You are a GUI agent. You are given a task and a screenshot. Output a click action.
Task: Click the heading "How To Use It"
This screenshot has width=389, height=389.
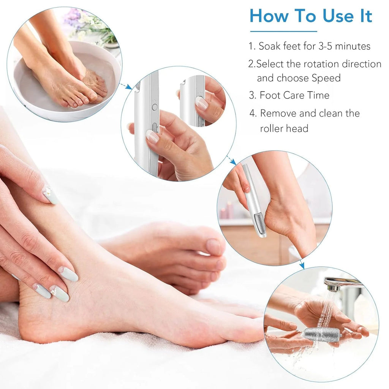point(311,16)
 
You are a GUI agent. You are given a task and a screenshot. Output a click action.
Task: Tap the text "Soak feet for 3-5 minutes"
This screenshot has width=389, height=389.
point(314,46)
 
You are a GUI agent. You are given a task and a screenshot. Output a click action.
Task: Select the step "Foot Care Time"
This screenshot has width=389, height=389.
point(294,95)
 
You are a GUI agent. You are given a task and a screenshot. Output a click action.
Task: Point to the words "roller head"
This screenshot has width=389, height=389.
point(284,128)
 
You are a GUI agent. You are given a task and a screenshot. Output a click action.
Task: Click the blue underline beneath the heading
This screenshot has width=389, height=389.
point(283,31)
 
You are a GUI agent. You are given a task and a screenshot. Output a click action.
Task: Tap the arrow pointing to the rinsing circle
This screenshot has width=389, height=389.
point(301,264)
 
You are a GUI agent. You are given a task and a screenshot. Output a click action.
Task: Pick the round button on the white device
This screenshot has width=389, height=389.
point(155,107)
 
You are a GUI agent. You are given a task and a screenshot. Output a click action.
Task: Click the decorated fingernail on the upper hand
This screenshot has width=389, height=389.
point(50,194)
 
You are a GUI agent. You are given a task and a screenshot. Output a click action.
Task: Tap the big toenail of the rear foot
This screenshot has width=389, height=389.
point(213,246)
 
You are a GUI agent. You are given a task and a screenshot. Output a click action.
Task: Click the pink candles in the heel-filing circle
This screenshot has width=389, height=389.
point(227,211)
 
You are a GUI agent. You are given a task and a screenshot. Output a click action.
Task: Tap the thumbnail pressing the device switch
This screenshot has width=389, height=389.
point(152,136)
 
